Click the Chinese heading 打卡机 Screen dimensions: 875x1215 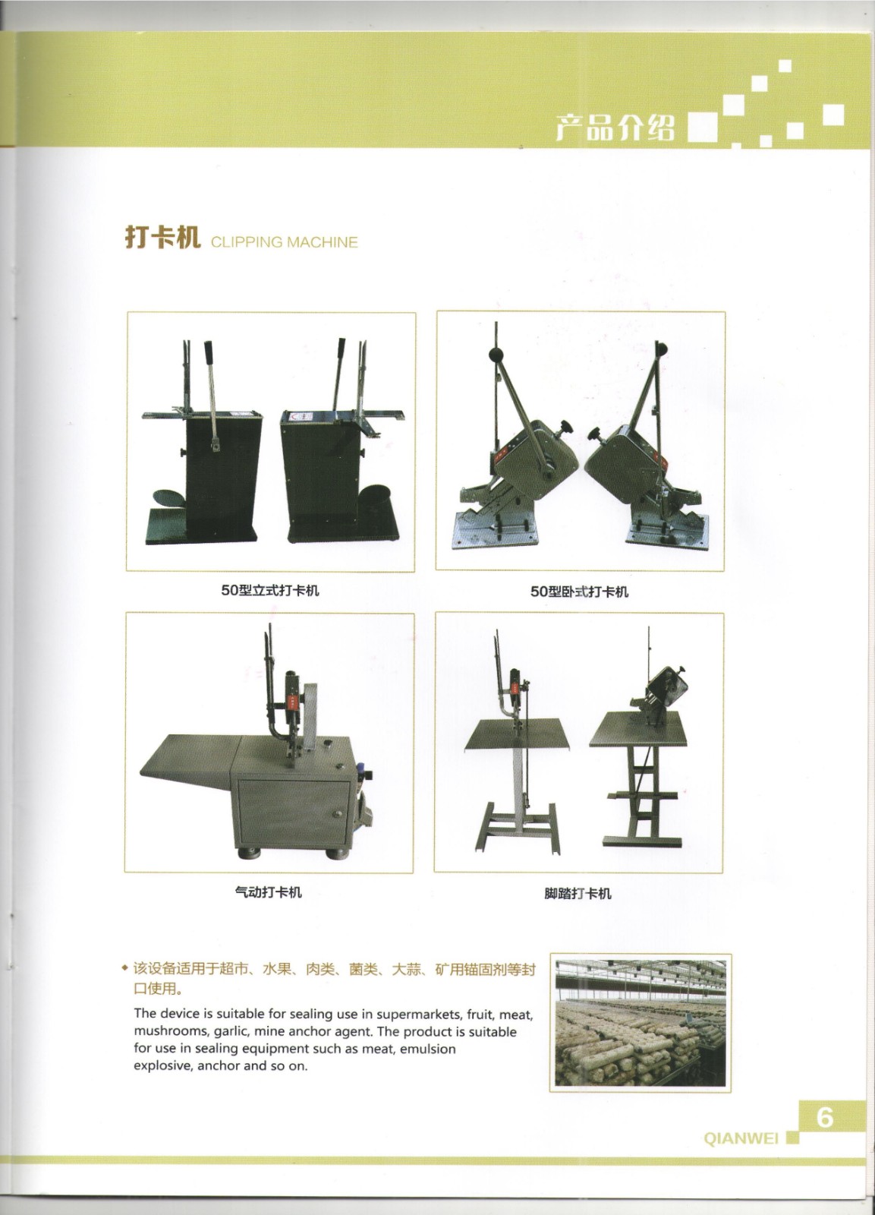(162, 238)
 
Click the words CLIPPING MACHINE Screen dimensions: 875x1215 (284, 242)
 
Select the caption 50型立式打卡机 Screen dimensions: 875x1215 (270, 591)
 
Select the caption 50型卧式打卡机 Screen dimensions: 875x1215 (580, 592)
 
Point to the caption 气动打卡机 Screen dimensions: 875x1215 (269, 892)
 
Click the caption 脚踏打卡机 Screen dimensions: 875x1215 (578, 893)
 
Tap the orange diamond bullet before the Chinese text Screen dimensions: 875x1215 (125, 969)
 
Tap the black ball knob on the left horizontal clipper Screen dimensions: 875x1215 (496, 354)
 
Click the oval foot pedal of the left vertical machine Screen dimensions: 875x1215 (168, 498)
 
